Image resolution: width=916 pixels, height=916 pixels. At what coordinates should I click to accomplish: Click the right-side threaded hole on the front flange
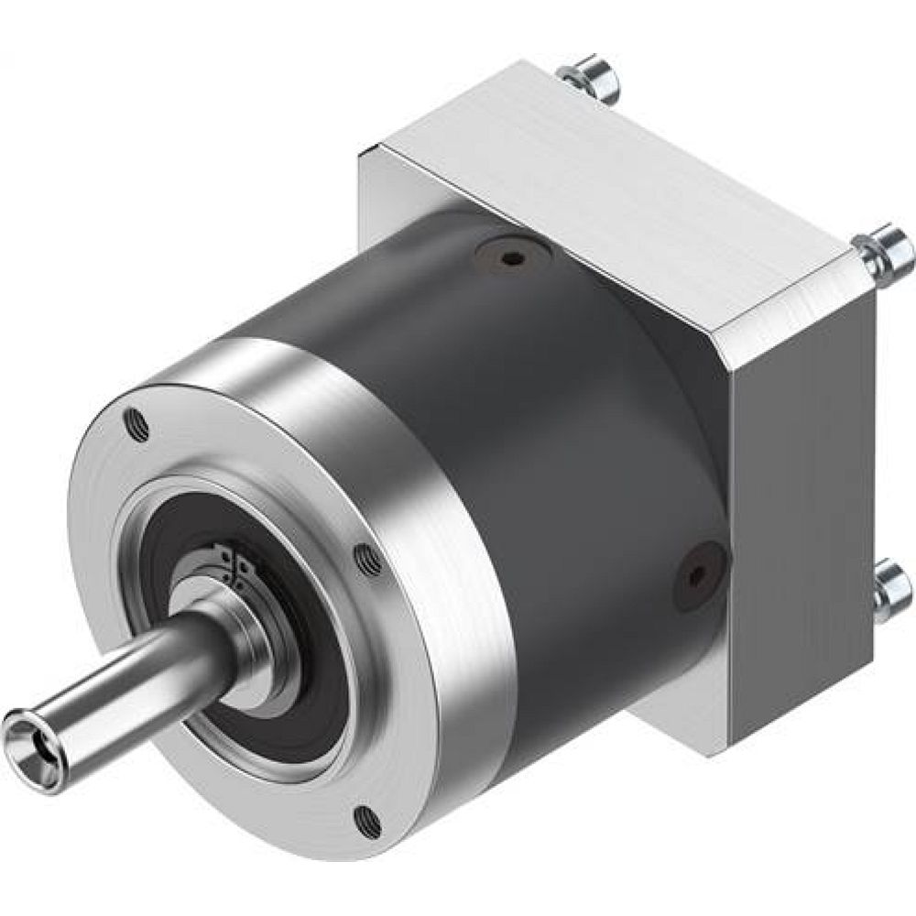366,558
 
